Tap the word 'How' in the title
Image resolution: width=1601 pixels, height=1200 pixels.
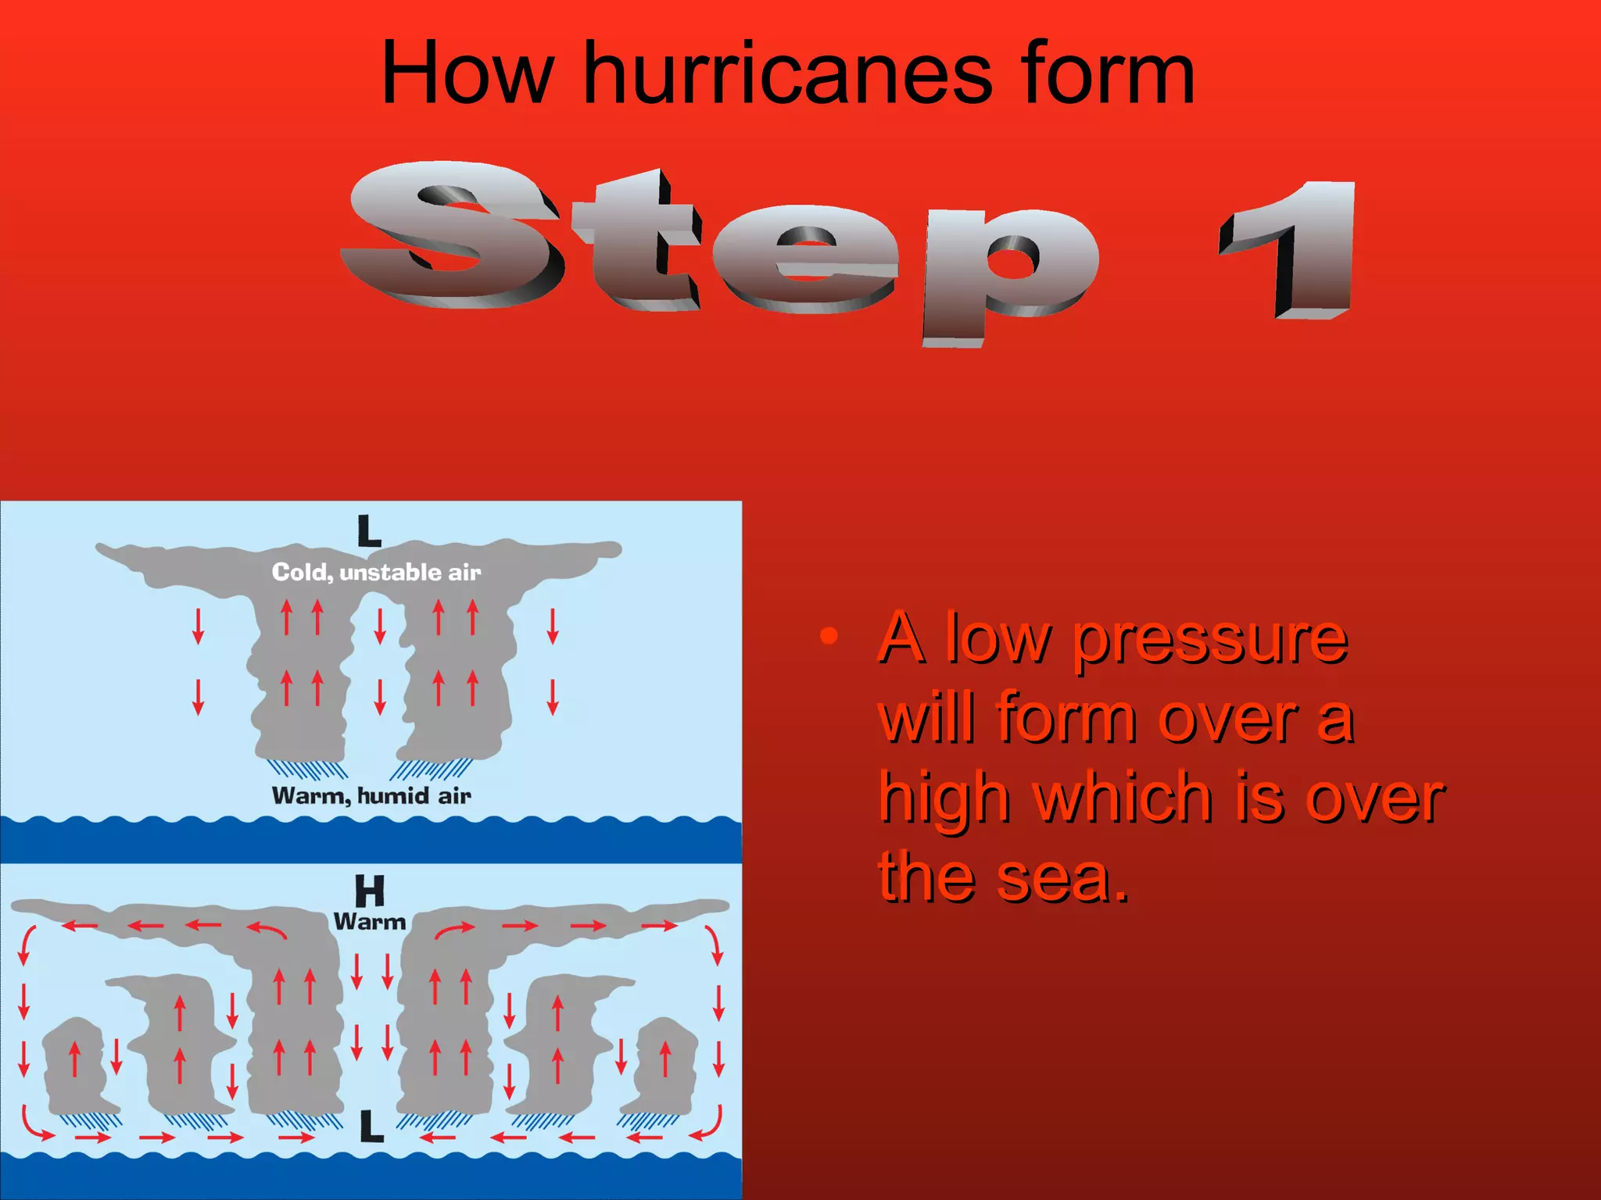467,74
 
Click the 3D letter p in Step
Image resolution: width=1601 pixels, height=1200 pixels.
1008,270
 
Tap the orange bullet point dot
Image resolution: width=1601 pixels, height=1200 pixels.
829,637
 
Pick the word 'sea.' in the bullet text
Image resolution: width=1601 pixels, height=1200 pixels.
1063,879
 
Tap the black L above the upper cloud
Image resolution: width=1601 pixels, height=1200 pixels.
369,531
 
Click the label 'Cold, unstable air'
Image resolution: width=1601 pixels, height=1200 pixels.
376,573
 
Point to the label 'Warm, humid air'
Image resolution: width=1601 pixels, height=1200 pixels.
371,796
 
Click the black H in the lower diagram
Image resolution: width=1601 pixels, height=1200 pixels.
370,891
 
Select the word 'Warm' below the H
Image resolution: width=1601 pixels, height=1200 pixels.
370,922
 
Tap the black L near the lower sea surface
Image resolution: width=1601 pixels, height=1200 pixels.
372,1127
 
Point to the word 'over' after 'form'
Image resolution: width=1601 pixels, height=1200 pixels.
1227,719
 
